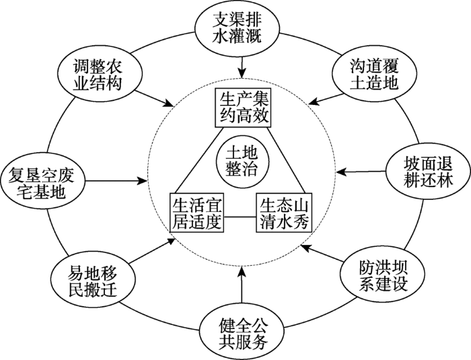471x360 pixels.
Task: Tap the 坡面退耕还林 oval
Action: tap(429, 172)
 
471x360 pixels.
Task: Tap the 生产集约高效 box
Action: tap(243, 107)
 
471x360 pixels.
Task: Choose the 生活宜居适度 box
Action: tap(196, 212)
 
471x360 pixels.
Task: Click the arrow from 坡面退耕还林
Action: tap(361, 172)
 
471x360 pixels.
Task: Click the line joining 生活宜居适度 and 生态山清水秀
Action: tap(240, 217)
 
